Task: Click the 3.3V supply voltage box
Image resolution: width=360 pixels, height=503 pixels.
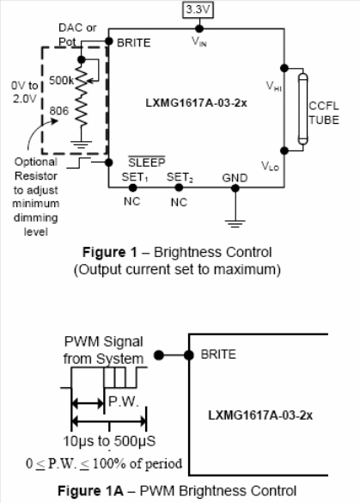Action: coord(198,9)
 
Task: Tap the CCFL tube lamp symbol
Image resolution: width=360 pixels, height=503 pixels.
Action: coord(302,109)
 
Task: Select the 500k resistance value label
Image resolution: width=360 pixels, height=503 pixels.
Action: coord(61,80)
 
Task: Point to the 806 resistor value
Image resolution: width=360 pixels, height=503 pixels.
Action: coord(59,111)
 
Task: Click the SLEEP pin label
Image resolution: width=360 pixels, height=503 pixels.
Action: coord(147,162)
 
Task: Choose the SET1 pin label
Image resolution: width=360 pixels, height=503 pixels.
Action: coord(135,177)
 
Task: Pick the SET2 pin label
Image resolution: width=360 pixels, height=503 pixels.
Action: coord(180,177)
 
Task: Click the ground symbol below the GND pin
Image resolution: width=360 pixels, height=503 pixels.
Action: coord(235,224)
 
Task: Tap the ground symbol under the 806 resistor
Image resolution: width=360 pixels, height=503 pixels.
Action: coord(81,144)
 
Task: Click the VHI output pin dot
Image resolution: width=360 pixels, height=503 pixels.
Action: coord(284,68)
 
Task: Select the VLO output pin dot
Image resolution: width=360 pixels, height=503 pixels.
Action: coord(284,150)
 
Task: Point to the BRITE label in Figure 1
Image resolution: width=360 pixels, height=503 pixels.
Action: coord(134,43)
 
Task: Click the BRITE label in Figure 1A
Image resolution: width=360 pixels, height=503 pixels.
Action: coord(218,354)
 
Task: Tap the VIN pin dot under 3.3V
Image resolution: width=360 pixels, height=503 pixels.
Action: coord(199,29)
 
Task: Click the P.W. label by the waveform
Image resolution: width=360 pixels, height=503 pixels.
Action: coord(124,401)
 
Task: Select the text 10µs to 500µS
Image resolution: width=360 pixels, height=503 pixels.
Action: coord(109,441)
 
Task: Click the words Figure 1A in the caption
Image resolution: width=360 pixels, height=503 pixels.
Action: coord(90,491)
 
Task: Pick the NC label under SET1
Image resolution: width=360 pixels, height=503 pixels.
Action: coord(132,201)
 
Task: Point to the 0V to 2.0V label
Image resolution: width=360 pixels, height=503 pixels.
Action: coord(24,92)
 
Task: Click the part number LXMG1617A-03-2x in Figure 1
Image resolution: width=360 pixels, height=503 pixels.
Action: coord(196,103)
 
